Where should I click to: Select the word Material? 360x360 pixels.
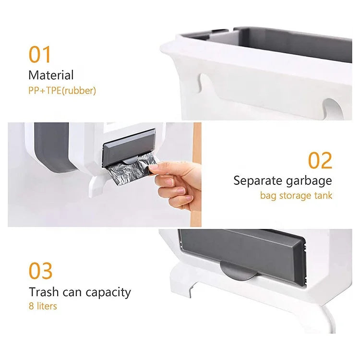[x=51, y=75]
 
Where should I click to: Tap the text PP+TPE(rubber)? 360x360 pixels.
[x=62, y=90]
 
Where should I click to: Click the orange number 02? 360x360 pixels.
[x=320, y=160]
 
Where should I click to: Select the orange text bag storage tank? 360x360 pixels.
[x=296, y=195]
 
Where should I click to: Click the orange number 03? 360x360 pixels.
[x=40, y=271]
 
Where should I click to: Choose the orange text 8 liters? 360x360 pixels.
[x=42, y=306]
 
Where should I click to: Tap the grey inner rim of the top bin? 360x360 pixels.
[x=269, y=43]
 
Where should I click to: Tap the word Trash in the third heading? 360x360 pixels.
[x=42, y=292]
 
